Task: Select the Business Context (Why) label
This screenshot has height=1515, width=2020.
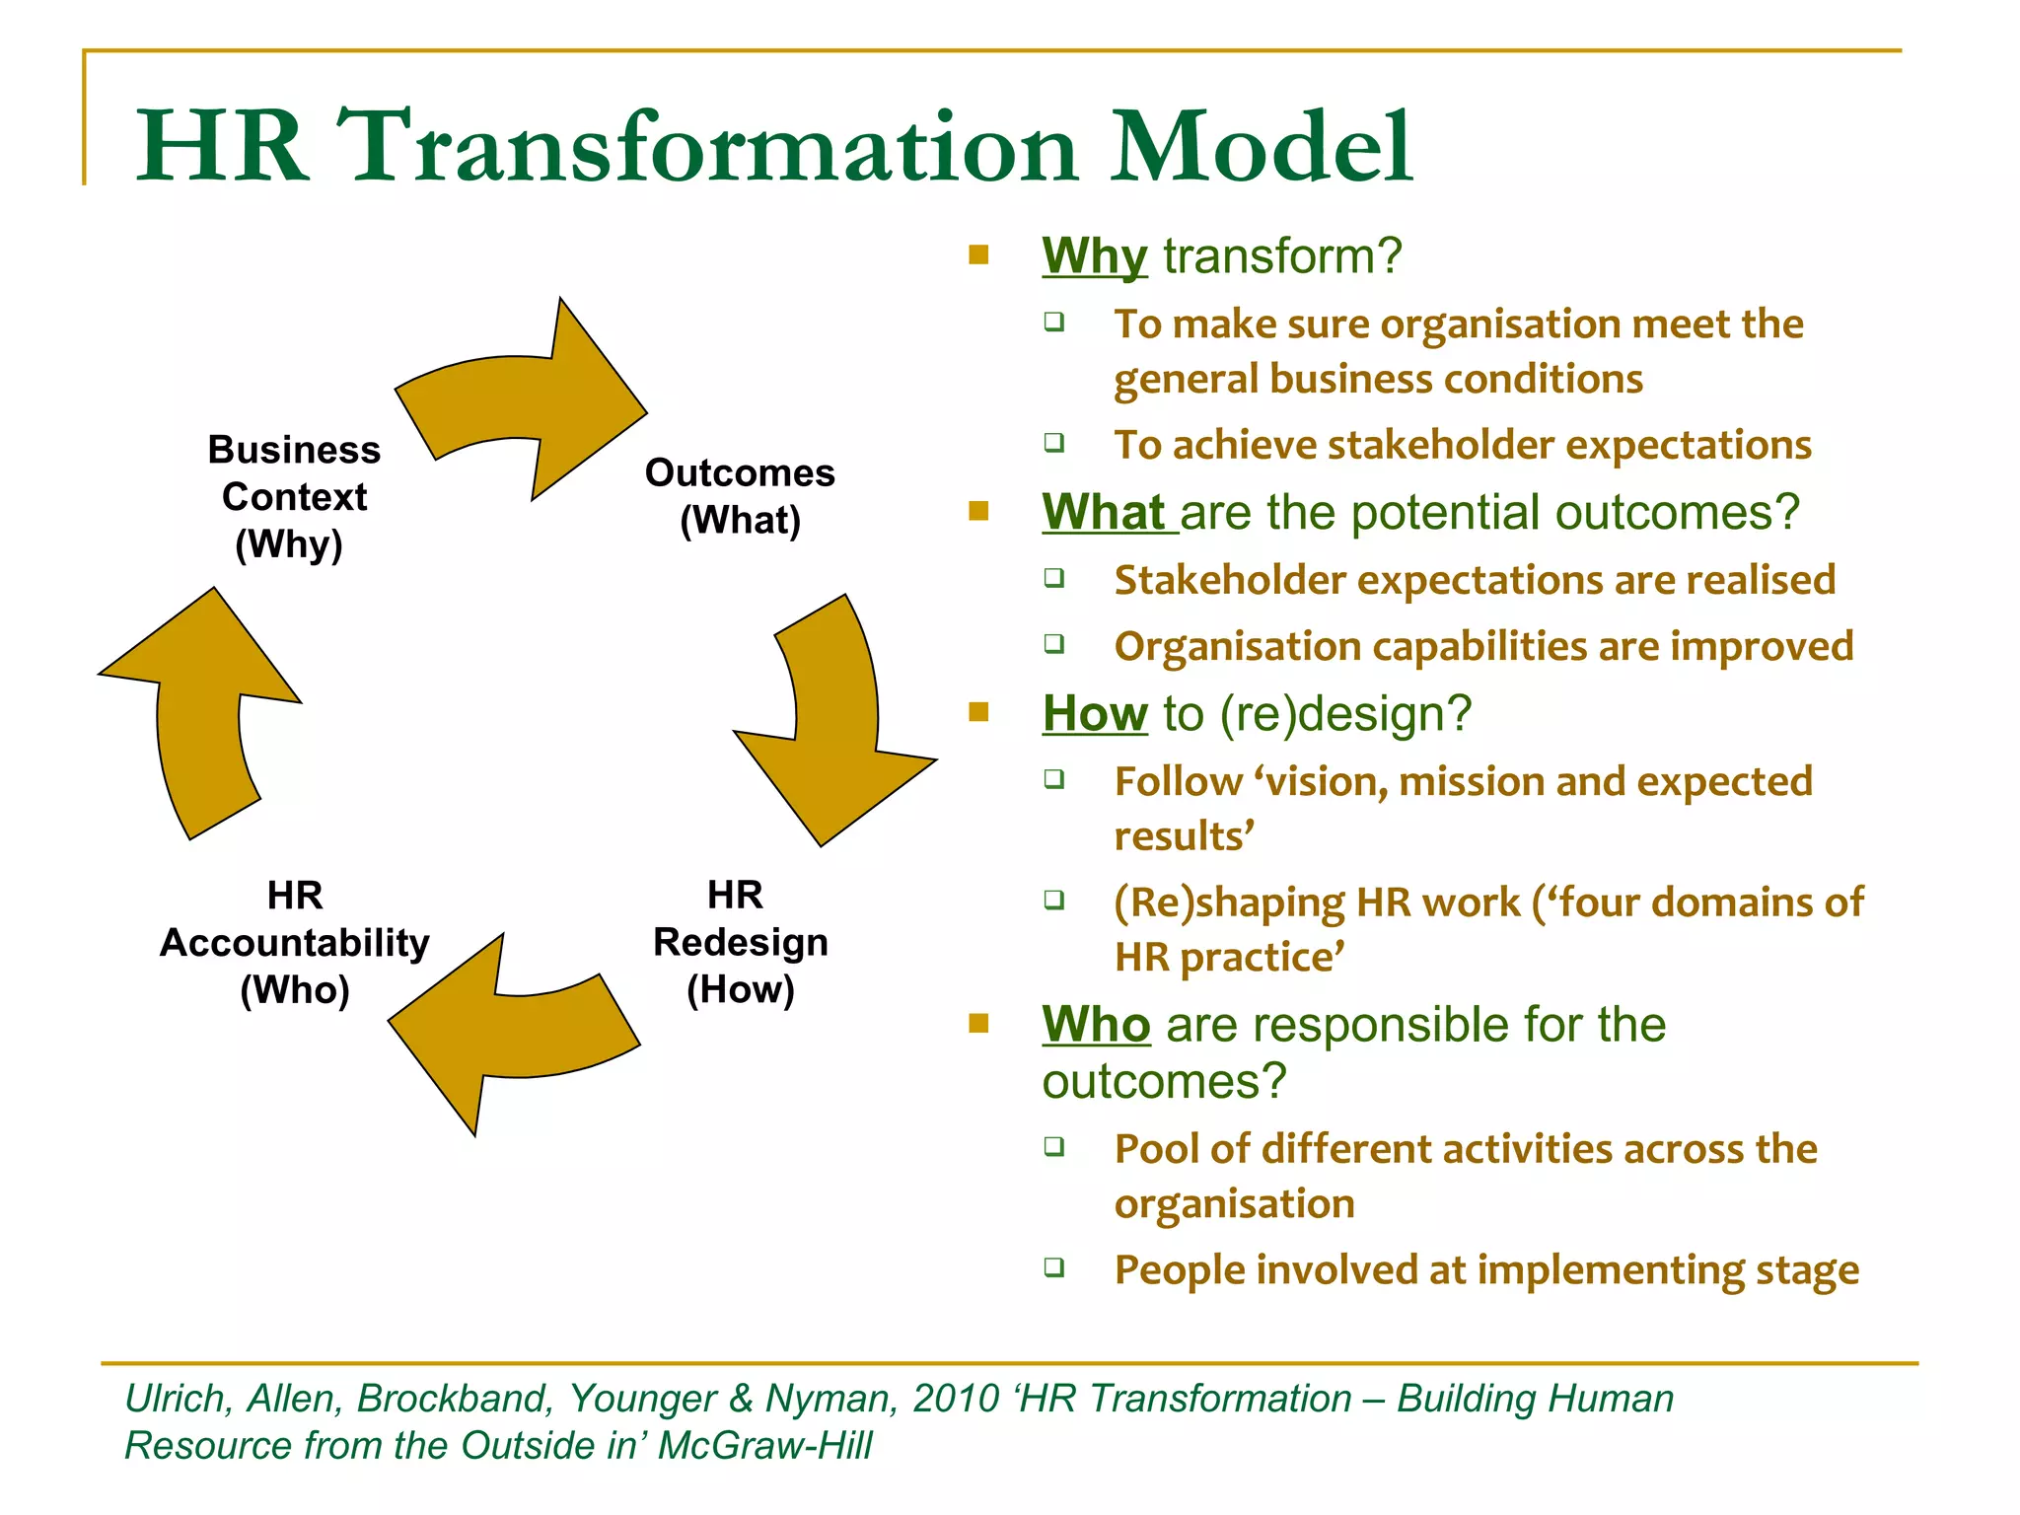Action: pyautogui.click(x=293, y=496)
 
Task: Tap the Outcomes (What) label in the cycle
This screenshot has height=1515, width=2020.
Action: pyautogui.click(x=740, y=496)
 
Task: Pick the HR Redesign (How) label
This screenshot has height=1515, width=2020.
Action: pyautogui.click(x=740, y=942)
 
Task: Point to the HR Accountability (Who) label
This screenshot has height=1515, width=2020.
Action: pyautogui.click(x=294, y=942)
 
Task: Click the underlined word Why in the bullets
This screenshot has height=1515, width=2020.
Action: pyautogui.click(x=1094, y=256)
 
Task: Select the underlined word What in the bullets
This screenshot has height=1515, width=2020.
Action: pyautogui.click(x=1105, y=513)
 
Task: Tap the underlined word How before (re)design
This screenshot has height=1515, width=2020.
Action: pyautogui.click(x=1095, y=713)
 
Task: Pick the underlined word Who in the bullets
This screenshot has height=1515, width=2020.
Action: pyautogui.click(x=1096, y=1024)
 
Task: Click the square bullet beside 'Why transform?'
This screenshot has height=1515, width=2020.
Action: pyautogui.click(x=978, y=255)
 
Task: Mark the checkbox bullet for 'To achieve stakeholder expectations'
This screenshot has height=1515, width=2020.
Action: pyautogui.click(x=1054, y=442)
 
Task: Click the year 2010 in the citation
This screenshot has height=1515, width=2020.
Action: pyautogui.click(x=956, y=1399)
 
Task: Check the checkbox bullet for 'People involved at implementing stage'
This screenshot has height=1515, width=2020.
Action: pyautogui.click(x=1054, y=1266)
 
